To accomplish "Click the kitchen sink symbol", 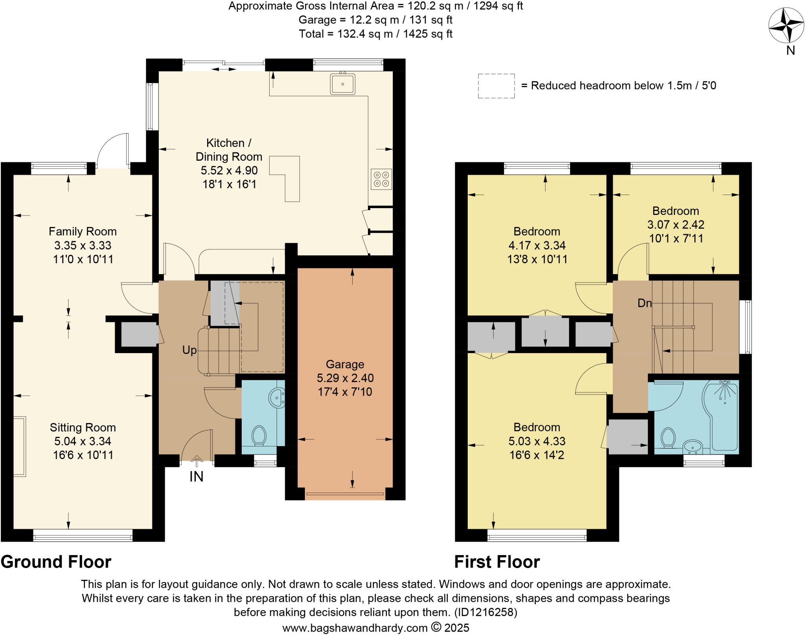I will [343, 84].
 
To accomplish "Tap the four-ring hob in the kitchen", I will [381, 179].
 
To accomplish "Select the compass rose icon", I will [786, 26].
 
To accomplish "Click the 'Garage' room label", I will [345, 364].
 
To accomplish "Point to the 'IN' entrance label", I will [197, 477].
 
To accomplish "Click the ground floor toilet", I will [259, 436].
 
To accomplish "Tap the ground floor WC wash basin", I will [277, 398].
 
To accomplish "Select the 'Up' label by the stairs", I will [189, 350].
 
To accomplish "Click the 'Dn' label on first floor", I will [645, 303].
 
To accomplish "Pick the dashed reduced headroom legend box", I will [496, 86].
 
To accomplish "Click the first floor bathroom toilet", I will [668, 438].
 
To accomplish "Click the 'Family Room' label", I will [83, 231].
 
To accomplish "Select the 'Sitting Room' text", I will [83, 427].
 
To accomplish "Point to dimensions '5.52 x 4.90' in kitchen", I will [229, 170].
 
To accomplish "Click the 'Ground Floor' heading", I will [56, 562].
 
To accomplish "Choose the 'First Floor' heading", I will [497, 562].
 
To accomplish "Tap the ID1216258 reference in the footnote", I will [485, 612].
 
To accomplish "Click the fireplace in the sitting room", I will [20, 447].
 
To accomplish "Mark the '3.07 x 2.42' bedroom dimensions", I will [676, 225].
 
